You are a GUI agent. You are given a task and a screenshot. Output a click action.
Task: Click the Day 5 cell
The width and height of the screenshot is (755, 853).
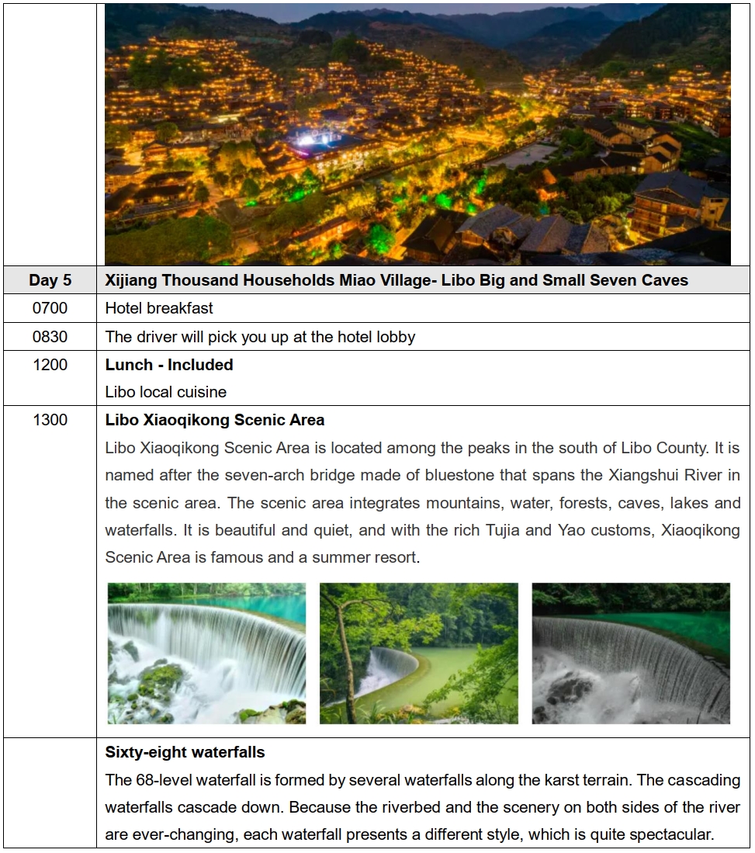coord(50,280)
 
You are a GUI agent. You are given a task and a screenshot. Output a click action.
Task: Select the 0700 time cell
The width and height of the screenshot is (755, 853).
coord(50,308)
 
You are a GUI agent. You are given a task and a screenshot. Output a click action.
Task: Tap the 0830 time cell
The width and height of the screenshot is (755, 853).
coord(50,337)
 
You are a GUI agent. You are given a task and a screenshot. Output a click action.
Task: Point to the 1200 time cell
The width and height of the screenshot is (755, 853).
coord(50,365)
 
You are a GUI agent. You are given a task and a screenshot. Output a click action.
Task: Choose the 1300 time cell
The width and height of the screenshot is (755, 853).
coord(50,421)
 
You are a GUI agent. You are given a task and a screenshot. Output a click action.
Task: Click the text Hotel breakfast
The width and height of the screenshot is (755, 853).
coord(159,308)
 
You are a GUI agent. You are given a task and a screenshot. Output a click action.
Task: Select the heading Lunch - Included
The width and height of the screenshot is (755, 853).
coord(169,365)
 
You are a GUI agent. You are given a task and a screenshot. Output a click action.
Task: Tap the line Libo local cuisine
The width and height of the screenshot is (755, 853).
coord(166,392)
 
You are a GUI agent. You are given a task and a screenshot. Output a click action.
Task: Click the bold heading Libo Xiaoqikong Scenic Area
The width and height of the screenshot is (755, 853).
coord(215,421)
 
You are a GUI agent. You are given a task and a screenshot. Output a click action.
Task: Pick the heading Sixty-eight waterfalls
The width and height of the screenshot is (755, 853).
coord(185,752)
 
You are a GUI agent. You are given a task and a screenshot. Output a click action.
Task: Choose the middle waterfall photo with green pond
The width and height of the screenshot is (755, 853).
coord(419,654)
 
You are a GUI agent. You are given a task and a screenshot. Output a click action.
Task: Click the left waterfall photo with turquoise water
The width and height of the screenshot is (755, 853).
coord(206,654)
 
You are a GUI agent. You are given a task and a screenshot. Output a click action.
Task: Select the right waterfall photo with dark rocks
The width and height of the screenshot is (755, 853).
coord(631,654)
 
